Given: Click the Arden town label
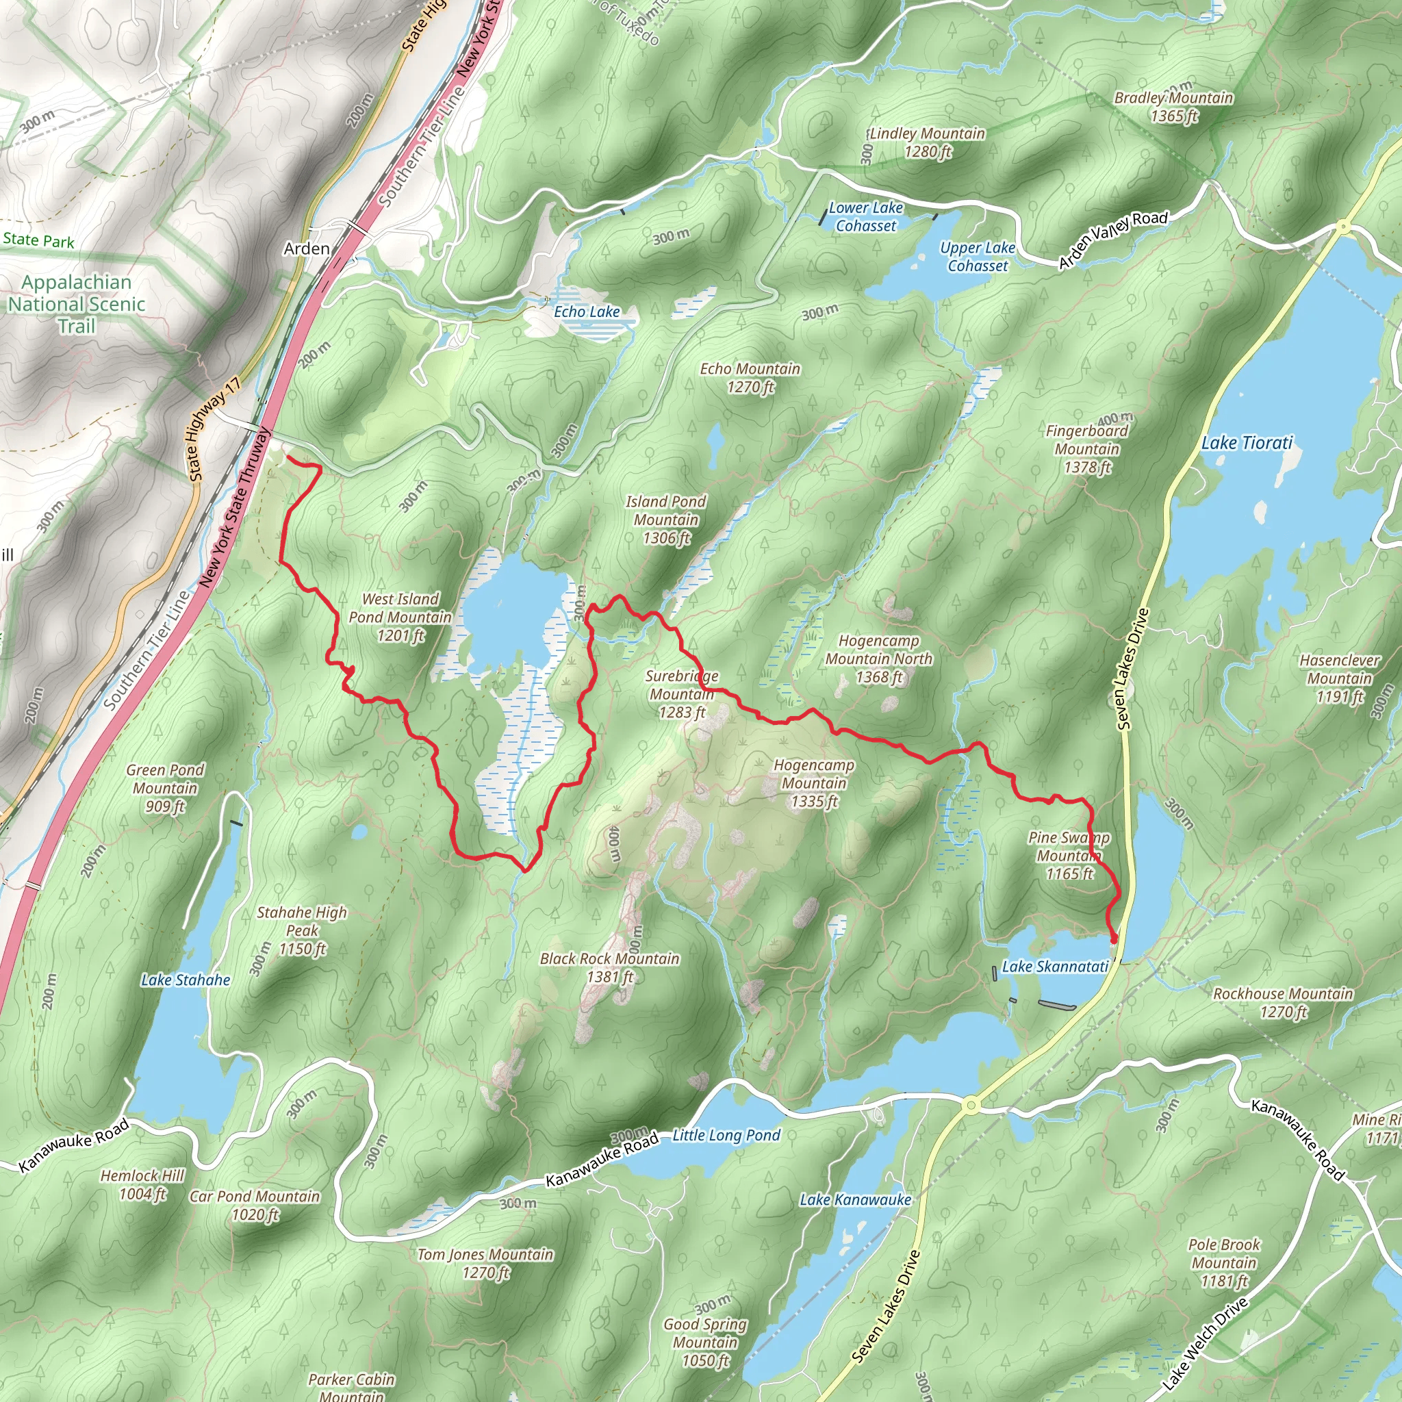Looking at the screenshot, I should (x=306, y=249).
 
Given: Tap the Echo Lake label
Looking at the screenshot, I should (x=587, y=312).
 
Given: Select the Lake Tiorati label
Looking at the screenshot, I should (x=1247, y=443).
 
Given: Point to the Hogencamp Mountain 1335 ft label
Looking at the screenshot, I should (x=813, y=783).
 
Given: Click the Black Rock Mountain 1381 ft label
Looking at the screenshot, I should (x=609, y=967).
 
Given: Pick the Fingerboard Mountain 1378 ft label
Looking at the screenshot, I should (x=1086, y=448).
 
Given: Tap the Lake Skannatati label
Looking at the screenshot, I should (x=1054, y=967).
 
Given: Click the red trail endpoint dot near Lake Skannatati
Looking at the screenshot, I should (x=1113, y=941).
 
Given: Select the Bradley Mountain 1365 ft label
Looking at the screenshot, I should (x=1173, y=107).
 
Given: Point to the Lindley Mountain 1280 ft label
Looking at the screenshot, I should (x=927, y=142).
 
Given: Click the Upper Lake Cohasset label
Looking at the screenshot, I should (x=977, y=256).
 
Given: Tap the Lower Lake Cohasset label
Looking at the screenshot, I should (x=865, y=216).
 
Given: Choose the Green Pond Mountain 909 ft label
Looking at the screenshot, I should (x=165, y=787).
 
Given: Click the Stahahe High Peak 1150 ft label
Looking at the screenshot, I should (x=302, y=930).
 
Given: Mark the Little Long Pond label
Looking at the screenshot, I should (x=726, y=1136).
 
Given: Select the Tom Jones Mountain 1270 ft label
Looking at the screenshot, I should (x=485, y=1264).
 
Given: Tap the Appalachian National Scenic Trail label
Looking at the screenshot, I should (x=76, y=304).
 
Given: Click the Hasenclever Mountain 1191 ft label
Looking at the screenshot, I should (x=1339, y=678).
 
